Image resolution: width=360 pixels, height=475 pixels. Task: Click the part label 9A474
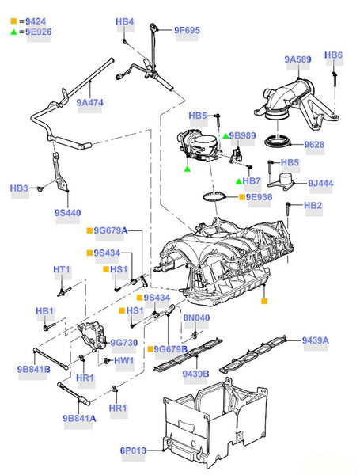coord(89,102)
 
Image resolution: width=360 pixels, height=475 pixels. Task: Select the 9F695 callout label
coord(187,30)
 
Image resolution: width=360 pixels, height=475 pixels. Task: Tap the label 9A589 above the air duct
coord(297,59)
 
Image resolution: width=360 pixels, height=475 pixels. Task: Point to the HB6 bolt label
coord(333,55)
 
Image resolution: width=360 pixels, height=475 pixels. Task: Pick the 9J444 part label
coord(320,183)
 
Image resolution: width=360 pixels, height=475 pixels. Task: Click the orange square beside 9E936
coord(242,197)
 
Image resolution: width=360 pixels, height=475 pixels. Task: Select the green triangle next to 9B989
coord(225,136)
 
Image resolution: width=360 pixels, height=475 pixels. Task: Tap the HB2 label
coord(313,205)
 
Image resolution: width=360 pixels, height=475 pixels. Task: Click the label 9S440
coord(67,213)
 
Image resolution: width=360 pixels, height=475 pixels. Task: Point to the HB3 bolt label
coord(19,188)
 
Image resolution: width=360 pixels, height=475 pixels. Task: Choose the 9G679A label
coord(111,230)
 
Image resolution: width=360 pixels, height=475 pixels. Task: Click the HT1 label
coord(62,269)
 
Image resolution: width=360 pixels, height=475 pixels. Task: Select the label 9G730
coord(124,343)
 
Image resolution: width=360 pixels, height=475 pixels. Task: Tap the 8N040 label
coord(196,317)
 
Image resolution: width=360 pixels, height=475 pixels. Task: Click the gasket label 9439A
coord(315,340)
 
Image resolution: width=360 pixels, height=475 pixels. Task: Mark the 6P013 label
coord(133,450)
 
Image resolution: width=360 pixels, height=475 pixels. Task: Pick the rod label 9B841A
coord(79,418)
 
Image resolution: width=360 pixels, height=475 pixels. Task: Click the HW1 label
coord(124,361)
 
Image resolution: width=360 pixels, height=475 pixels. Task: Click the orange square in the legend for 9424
coord(13,21)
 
